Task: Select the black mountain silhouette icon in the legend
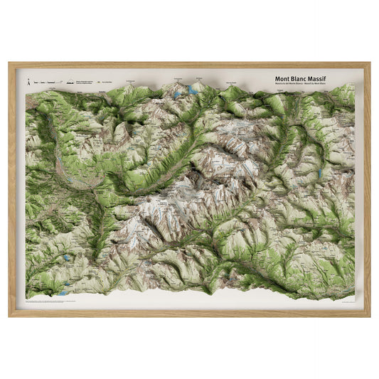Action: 68,82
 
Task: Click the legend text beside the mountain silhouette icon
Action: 83,82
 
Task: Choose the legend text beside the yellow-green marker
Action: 114,82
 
